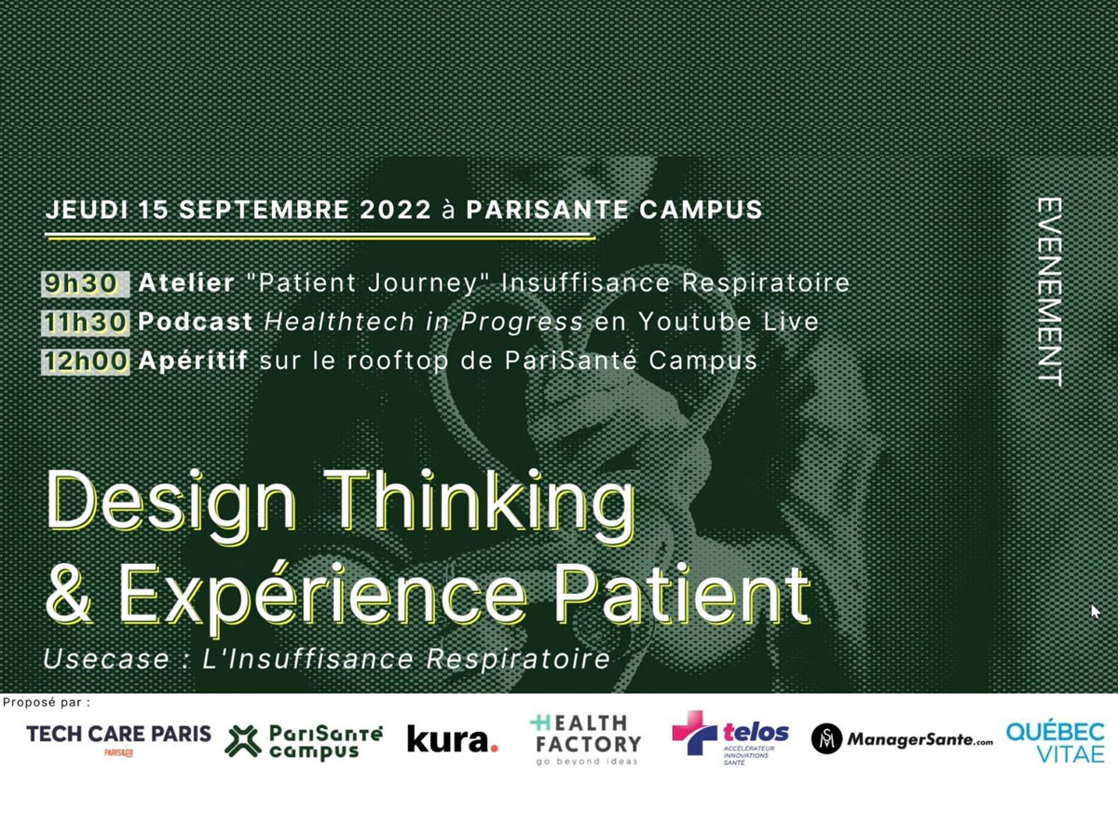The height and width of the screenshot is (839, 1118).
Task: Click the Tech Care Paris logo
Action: (x=118, y=739)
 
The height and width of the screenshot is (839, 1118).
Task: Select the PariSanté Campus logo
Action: (x=303, y=742)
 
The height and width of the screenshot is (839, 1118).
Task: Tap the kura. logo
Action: (x=452, y=739)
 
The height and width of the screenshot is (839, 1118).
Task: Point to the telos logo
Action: (x=730, y=738)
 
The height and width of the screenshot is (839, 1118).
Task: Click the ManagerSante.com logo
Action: (x=902, y=738)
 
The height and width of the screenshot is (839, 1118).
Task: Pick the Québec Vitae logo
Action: (x=1056, y=742)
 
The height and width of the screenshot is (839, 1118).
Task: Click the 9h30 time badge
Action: (x=85, y=283)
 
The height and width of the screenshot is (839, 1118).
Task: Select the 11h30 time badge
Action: (x=85, y=323)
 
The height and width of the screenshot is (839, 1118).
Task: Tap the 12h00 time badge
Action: (x=85, y=362)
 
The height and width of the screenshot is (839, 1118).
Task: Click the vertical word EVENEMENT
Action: (x=1049, y=292)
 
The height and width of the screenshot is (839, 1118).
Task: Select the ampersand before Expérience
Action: (x=69, y=596)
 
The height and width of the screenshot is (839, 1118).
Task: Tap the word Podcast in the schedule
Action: (x=196, y=322)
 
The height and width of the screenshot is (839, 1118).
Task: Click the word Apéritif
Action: (x=193, y=361)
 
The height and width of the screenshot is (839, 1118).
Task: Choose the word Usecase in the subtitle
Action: (x=106, y=659)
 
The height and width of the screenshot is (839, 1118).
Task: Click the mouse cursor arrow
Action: (x=1096, y=612)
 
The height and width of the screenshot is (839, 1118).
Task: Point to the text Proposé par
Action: (x=47, y=703)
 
